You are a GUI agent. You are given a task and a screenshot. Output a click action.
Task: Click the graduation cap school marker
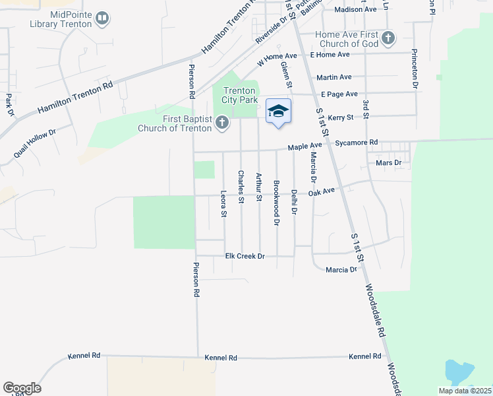point(278,111)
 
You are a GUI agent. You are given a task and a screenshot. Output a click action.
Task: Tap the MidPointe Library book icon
point(102,18)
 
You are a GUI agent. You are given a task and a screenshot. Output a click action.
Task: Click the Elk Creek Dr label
point(245,255)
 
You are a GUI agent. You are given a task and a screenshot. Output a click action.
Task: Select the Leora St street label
point(223,204)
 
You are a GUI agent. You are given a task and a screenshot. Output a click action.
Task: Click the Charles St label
point(241,186)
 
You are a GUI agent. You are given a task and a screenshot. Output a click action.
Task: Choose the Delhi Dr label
point(294,203)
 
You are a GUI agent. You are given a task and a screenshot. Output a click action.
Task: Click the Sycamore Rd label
point(356,142)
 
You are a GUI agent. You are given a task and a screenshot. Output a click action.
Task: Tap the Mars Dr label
point(388,162)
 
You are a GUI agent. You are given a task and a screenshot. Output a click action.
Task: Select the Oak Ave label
point(322,191)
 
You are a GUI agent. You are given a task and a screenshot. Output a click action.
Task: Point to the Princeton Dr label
point(415,67)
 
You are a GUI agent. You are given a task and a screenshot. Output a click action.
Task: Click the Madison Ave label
point(355,9)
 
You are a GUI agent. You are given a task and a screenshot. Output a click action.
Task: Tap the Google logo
point(22,387)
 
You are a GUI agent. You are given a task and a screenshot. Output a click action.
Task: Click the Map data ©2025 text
point(464,391)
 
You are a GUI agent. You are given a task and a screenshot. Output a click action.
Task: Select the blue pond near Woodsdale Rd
point(459,372)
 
